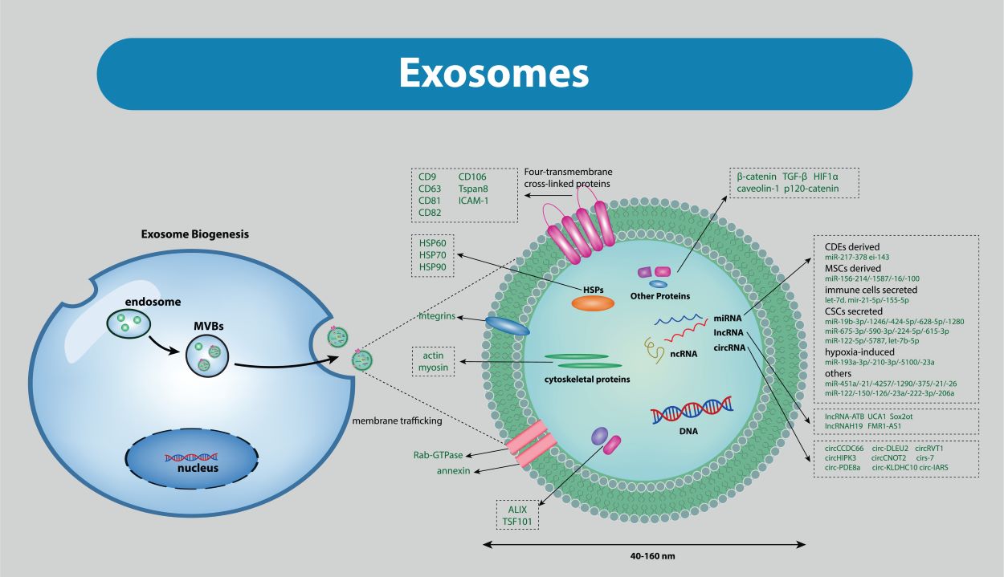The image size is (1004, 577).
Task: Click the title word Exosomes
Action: (494, 73)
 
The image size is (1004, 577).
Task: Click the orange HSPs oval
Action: (593, 303)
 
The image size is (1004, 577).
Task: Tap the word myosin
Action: (432, 368)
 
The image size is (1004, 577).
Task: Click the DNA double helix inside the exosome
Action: (692, 409)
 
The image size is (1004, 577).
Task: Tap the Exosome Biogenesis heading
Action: (195, 234)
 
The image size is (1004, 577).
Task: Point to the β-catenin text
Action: (756, 176)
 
